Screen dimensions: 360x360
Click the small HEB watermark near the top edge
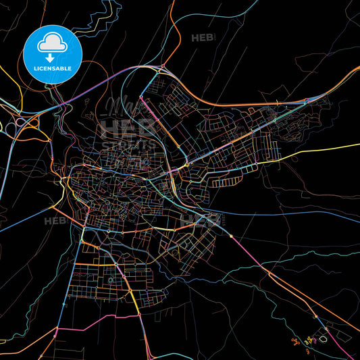point(203,38)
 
